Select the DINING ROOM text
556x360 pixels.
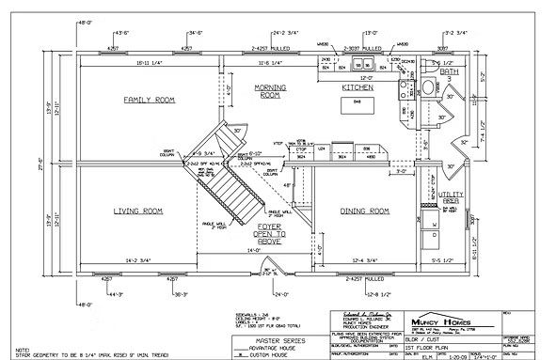[x=364, y=211]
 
